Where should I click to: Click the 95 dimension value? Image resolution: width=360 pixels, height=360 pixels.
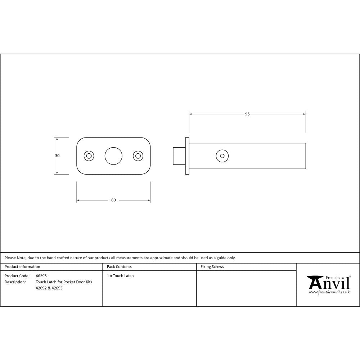tap(247, 114)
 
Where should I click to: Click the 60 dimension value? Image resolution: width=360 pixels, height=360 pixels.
tap(113, 200)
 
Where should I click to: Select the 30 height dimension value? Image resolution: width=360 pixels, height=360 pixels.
tap(57, 156)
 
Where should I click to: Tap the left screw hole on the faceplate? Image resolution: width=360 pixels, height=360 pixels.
tap(89, 156)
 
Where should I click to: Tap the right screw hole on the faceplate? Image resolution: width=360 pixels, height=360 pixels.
tap(138, 156)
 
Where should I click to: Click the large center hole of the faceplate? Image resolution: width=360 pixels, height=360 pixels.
tap(113, 156)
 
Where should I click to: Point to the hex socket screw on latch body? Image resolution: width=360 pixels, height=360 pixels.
tap(222, 156)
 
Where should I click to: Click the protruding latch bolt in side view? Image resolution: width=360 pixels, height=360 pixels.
tap(179, 156)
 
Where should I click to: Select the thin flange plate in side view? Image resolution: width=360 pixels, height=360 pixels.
tap(187, 156)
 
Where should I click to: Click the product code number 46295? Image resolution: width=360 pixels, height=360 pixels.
tap(41, 276)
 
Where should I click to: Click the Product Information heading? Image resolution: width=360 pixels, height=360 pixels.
tap(22, 267)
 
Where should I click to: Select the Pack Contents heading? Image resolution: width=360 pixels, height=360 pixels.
tap(119, 267)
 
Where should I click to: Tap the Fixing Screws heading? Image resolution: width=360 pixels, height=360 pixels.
tap(212, 267)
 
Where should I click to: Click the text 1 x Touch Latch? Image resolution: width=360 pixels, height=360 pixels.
tap(120, 276)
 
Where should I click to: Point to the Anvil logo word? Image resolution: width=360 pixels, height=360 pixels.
tap(329, 284)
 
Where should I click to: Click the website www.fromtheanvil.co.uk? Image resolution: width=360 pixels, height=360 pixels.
tap(329, 292)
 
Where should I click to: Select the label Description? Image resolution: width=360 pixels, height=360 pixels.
tap(15, 282)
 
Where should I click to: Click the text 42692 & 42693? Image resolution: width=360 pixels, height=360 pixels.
tap(49, 288)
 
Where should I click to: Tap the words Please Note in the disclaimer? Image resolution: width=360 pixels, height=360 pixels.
tap(15, 258)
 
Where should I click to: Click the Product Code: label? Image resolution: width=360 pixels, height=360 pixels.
tap(17, 276)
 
